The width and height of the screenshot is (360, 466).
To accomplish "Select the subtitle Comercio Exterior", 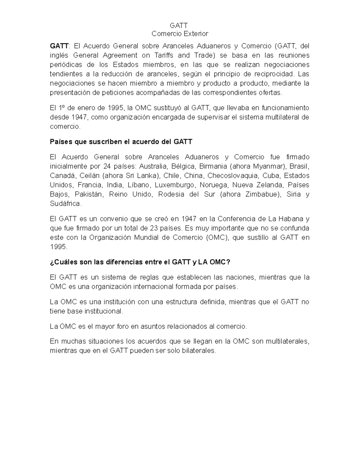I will point(179,34).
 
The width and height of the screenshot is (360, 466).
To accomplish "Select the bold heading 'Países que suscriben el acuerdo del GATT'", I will point(121,142).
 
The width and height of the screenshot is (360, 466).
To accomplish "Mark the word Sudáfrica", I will point(65,203).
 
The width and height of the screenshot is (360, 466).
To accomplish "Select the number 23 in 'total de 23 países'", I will point(154,228).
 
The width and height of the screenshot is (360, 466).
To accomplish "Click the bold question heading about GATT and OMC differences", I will point(140,262).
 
